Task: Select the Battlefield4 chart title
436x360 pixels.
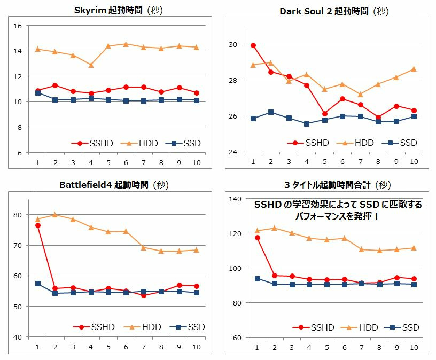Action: click(x=114, y=185)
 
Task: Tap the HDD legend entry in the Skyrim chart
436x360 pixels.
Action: click(x=143, y=143)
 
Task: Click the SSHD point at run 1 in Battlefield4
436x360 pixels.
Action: click(x=37, y=225)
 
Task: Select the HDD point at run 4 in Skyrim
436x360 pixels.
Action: click(x=91, y=65)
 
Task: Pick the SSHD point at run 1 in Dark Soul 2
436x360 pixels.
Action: click(x=253, y=45)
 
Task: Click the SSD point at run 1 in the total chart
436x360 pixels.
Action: click(x=257, y=279)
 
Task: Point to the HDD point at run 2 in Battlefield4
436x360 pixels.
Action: click(x=55, y=215)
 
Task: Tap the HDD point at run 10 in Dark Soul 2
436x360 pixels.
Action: click(x=413, y=69)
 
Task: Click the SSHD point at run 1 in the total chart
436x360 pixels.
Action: click(x=257, y=238)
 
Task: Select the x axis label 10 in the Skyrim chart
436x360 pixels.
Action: click(x=196, y=162)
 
